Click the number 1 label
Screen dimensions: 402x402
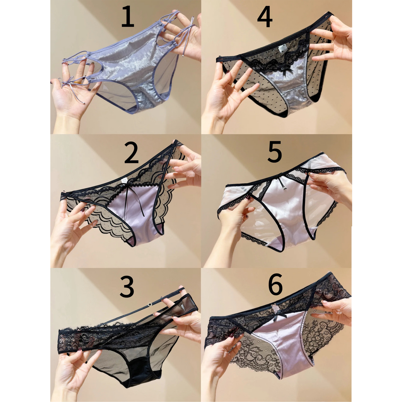click(x=128, y=18)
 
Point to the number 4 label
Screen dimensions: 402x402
click(x=265, y=18)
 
